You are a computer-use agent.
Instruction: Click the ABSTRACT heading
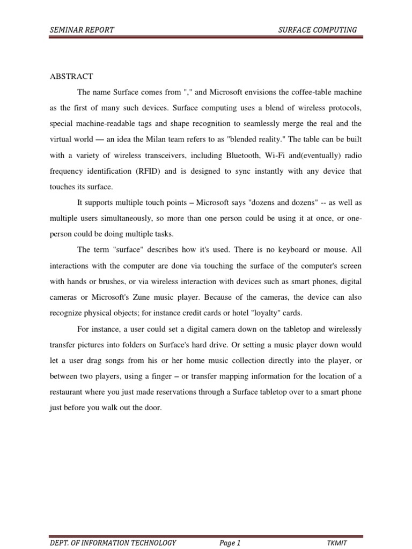pos(71,76)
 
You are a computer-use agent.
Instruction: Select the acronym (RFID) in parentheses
pos(150,172)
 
